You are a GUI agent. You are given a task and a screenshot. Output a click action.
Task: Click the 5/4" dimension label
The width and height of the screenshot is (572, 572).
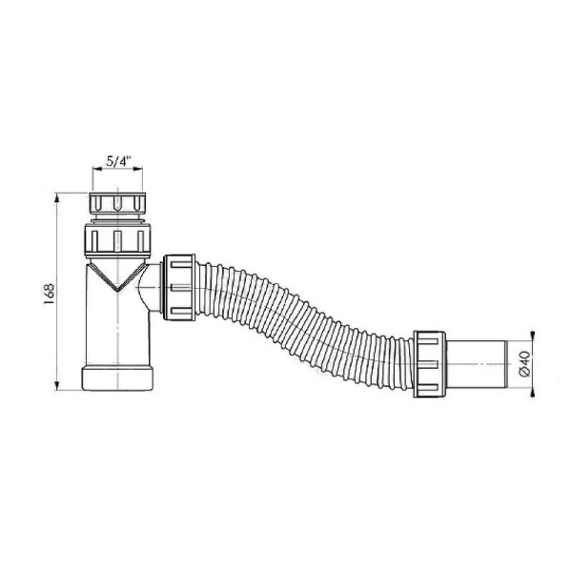118,161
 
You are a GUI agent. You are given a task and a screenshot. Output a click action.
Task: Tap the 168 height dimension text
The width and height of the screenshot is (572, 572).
49,294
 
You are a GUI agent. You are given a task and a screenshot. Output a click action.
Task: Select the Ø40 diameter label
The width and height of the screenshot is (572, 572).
523,364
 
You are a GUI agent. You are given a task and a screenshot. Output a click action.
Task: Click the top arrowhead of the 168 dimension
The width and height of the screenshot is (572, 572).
56,197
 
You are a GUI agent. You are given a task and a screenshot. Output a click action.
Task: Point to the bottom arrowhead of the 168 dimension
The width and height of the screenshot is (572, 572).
56,386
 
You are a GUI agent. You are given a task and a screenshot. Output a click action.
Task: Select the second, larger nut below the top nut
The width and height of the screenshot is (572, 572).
118,240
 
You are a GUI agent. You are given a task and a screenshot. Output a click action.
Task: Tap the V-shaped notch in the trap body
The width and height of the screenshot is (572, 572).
117,277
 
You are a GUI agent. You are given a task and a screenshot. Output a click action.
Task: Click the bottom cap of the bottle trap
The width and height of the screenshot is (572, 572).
117,378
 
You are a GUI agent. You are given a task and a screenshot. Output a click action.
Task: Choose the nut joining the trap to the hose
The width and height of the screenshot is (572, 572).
179,287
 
